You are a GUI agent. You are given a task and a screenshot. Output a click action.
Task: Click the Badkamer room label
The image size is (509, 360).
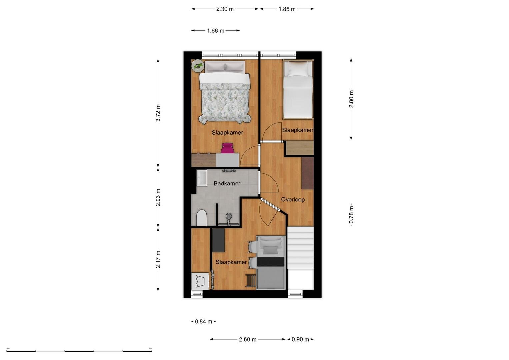[227, 183]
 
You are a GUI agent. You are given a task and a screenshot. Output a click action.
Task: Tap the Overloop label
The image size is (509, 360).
[293, 200]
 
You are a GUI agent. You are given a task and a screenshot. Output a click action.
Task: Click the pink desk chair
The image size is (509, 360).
[227, 148]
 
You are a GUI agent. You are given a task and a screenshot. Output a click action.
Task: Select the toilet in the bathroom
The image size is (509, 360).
[201, 218]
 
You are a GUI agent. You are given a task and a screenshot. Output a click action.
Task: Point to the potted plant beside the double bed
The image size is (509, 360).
[198, 66]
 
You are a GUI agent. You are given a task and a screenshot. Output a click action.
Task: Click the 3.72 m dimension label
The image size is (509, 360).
[158, 113]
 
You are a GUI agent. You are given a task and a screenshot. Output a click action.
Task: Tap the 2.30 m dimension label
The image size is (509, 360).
[225, 9]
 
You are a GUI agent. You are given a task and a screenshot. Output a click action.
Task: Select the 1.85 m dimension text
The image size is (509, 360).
[287, 9]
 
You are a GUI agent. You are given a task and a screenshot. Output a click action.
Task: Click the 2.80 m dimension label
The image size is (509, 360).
[351, 99]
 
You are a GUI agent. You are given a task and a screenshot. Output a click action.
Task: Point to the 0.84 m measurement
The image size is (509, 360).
[203, 321]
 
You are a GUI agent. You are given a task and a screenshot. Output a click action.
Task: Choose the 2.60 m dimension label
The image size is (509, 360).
[247, 339]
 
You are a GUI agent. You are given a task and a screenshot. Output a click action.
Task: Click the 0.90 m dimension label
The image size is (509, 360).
[300, 339]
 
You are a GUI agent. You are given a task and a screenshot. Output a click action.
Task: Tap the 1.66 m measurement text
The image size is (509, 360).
[216, 31]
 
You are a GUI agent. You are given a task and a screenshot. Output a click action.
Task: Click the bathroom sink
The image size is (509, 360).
[202, 178]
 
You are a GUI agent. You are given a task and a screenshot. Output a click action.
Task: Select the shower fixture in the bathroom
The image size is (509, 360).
[228, 220]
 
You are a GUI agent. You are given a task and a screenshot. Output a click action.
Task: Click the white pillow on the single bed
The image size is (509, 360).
[297, 68]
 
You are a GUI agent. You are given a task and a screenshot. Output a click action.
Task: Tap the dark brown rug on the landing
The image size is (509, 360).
[308, 173]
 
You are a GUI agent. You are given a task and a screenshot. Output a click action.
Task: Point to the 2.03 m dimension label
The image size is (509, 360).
[158, 197]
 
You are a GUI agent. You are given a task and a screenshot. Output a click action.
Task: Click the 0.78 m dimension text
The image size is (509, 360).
[351, 215]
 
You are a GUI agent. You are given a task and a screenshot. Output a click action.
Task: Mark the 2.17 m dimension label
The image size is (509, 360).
[158, 260]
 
